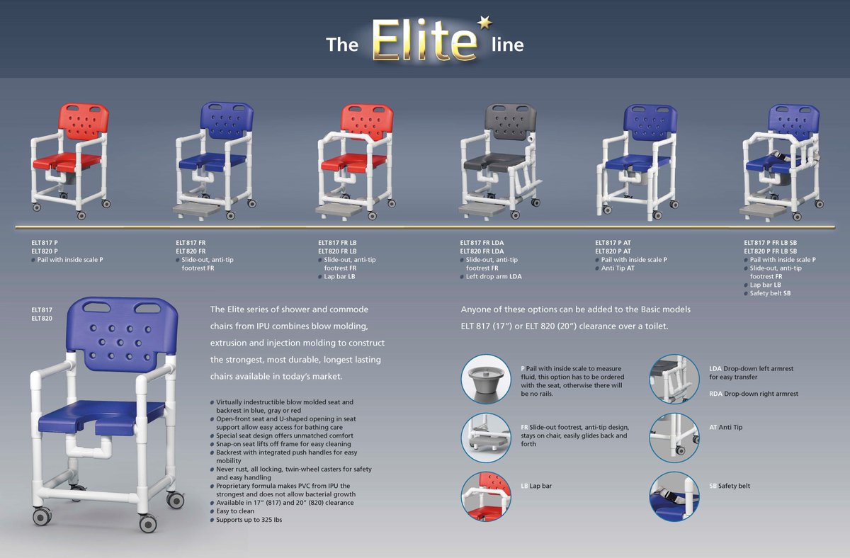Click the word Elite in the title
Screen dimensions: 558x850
(x=424, y=41)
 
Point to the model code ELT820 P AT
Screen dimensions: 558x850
(x=613, y=251)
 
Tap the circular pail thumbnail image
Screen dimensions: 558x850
(x=485, y=378)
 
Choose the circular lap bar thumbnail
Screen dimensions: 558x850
(x=485, y=496)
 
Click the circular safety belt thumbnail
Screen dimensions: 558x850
(x=674, y=496)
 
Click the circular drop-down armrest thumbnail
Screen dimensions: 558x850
(x=674, y=378)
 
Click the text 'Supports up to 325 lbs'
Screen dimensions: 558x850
(x=252, y=520)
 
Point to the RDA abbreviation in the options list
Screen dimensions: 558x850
(x=715, y=394)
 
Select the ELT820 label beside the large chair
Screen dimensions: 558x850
(x=42, y=319)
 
